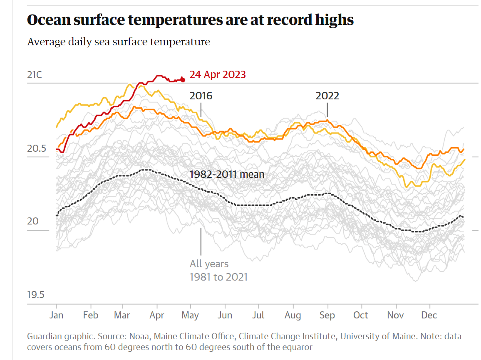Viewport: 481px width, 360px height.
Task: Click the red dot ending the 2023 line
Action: (x=182, y=79)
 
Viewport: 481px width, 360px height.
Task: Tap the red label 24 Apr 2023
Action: (x=218, y=75)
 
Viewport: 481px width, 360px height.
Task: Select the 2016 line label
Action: (x=201, y=96)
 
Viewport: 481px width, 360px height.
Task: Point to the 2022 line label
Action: (x=327, y=96)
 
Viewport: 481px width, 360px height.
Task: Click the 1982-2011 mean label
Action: (x=227, y=174)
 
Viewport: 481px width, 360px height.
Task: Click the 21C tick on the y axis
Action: (x=35, y=75)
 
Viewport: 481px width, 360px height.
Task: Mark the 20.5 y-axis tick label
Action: (x=36, y=148)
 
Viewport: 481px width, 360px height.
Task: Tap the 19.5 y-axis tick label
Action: (x=36, y=295)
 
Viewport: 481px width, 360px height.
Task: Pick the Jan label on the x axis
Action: (x=56, y=315)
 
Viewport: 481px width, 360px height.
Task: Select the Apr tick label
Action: (x=156, y=315)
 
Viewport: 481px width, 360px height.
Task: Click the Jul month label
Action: (x=258, y=315)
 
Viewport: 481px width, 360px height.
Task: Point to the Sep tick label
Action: (x=327, y=315)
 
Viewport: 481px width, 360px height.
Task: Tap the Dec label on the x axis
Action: (x=429, y=315)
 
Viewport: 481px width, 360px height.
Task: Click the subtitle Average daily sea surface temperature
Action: (x=119, y=42)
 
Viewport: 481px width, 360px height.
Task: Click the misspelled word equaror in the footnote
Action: (x=297, y=347)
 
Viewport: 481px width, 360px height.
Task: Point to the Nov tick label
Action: (x=395, y=315)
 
